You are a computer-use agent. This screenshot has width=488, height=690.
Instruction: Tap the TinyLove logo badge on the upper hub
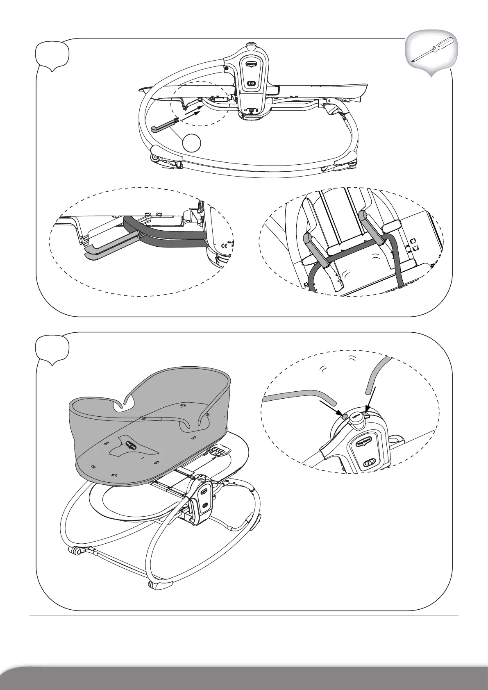(x=251, y=64)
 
